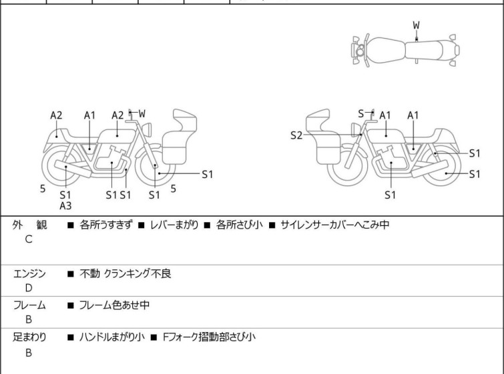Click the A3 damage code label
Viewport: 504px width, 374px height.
tap(65, 206)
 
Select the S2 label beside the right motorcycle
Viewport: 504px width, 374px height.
tap(296, 136)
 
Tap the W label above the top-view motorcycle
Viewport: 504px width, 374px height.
tap(416, 25)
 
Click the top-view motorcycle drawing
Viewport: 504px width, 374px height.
tap(405, 49)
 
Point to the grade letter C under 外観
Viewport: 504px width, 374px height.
tap(29, 239)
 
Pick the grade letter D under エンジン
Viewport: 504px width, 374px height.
tap(29, 288)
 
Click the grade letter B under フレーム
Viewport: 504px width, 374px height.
tap(29, 320)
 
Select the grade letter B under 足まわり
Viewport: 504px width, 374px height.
tap(29, 353)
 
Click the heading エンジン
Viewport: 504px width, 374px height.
tap(30, 273)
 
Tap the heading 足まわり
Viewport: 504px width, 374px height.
tap(30, 337)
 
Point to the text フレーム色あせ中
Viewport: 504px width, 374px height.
tap(114, 305)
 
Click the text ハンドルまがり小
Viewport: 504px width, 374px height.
tap(111, 337)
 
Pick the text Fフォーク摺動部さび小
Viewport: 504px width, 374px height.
tap(208, 337)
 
